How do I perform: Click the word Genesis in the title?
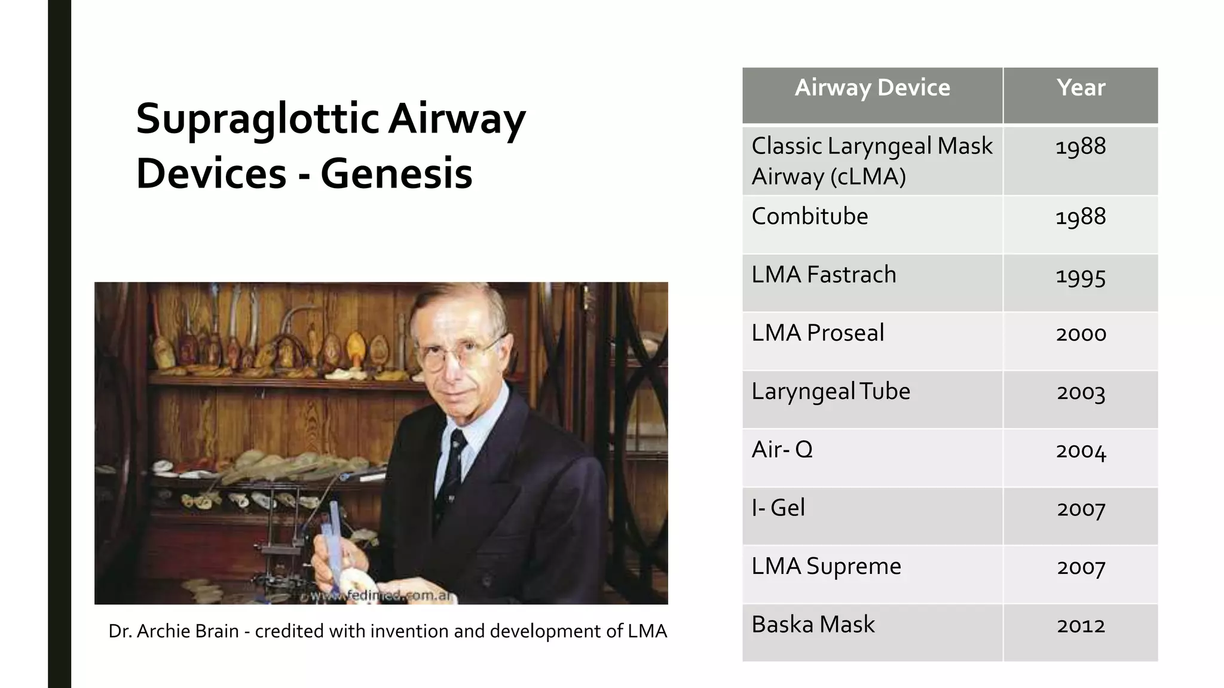pos(396,174)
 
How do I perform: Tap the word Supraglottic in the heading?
pos(258,119)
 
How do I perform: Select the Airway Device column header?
pos(872,88)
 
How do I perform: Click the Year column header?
pos(1081,88)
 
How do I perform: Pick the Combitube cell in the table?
pos(809,216)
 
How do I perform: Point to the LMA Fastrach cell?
pos(824,275)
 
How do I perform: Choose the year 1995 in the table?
pos(1081,276)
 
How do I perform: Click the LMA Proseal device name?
pos(818,333)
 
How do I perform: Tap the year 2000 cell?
pos(1081,334)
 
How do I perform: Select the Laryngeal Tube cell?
pos(831,391)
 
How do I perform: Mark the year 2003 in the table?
pos(1081,392)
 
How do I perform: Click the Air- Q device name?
pos(782,449)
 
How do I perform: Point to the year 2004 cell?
pos(1081,450)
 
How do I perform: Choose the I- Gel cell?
pos(778,508)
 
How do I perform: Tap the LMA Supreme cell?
pos(826,566)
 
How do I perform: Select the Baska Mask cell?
pos(813,624)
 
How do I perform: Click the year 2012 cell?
pos(1081,625)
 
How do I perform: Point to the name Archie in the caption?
pos(158,631)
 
